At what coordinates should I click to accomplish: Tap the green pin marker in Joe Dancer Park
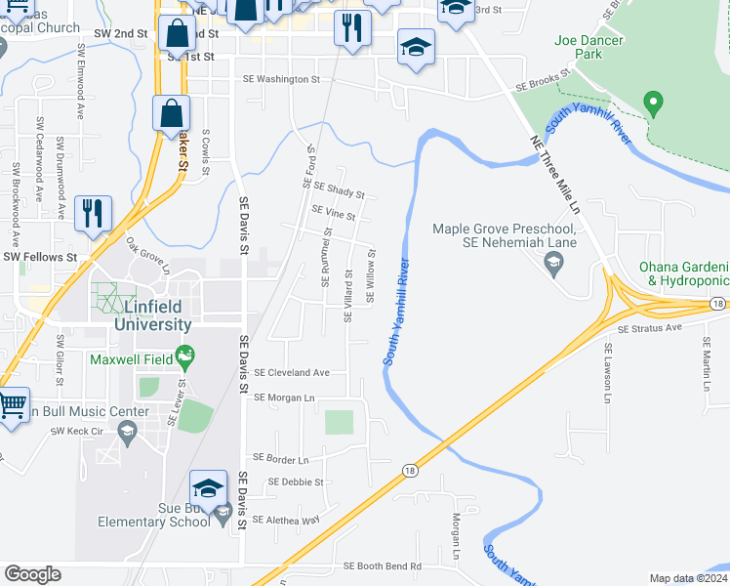(x=654, y=103)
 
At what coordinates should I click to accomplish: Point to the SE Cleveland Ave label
(x=292, y=373)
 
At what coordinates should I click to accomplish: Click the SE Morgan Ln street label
(x=284, y=398)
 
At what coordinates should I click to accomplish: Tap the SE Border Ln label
(x=280, y=458)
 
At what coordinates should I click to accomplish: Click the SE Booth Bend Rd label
(x=382, y=566)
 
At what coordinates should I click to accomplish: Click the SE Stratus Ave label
(x=648, y=330)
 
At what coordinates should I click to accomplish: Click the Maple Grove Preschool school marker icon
(x=555, y=263)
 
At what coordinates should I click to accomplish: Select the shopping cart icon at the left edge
(x=12, y=404)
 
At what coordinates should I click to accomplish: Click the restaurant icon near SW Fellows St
(x=94, y=213)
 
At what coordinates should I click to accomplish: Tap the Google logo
(x=32, y=574)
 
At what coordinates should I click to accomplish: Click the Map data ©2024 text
(x=688, y=578)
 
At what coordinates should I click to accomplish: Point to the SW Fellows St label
(x=40, y=257)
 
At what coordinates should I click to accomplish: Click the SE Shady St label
(x=339, y=189)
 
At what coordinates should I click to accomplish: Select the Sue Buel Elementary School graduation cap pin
(x=209, y=488)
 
